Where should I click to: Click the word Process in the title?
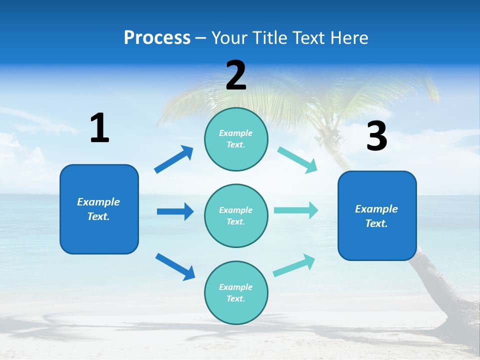(x=157, y=38)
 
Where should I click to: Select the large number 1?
(x=99, y=128)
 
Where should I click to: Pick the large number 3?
(x=376, y=137)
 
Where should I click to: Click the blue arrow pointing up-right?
(x=174, y=159)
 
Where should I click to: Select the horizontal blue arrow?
(x=175, y=211)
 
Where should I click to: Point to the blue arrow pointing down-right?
(x=175, y=266)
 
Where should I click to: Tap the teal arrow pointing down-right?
(x=297, y=160)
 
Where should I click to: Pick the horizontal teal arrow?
(x=295, y=210)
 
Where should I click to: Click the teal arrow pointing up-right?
(x=294, y=265)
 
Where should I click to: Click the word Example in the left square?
(x=98, y=202)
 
